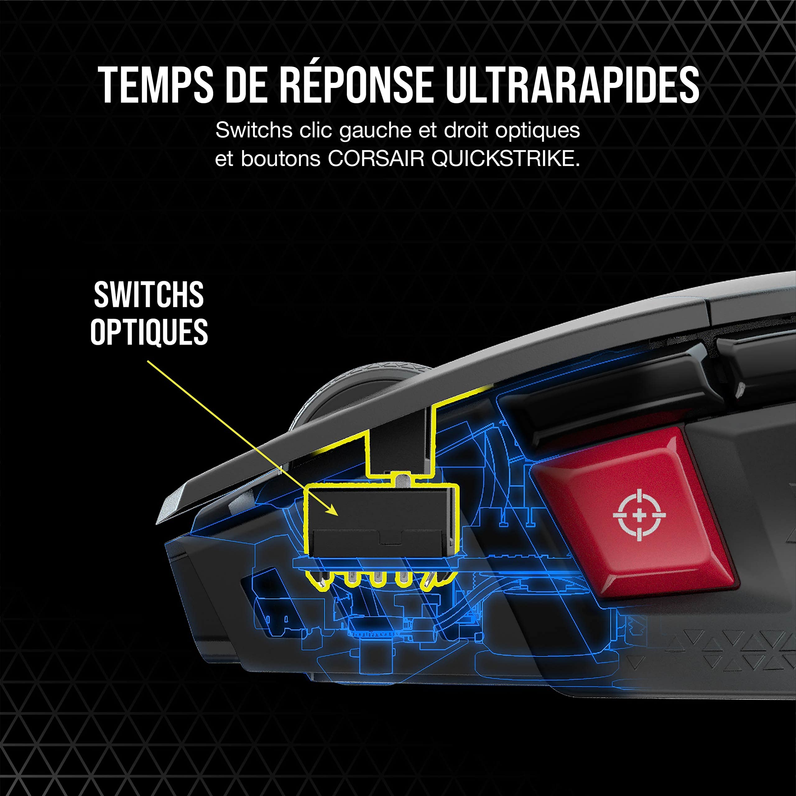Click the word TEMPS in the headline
coord(155,85)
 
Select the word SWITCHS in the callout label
coord(149,295)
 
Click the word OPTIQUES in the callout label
coord(149,332)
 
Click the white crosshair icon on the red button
coord(639,515)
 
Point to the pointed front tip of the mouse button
coord(157,524)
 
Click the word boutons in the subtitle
coord(280,159)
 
